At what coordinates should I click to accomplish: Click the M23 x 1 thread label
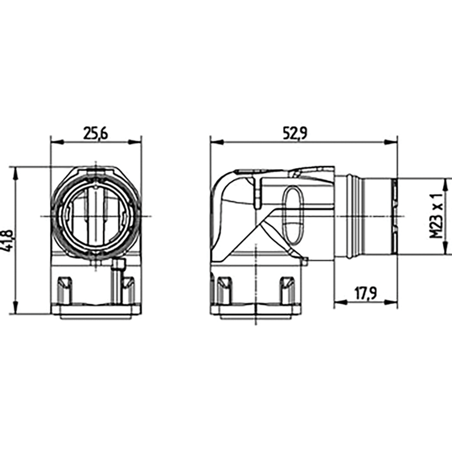436,216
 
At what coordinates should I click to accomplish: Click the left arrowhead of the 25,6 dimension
57,142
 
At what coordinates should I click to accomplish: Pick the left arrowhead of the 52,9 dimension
217,142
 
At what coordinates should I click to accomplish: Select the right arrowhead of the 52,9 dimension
391,142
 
